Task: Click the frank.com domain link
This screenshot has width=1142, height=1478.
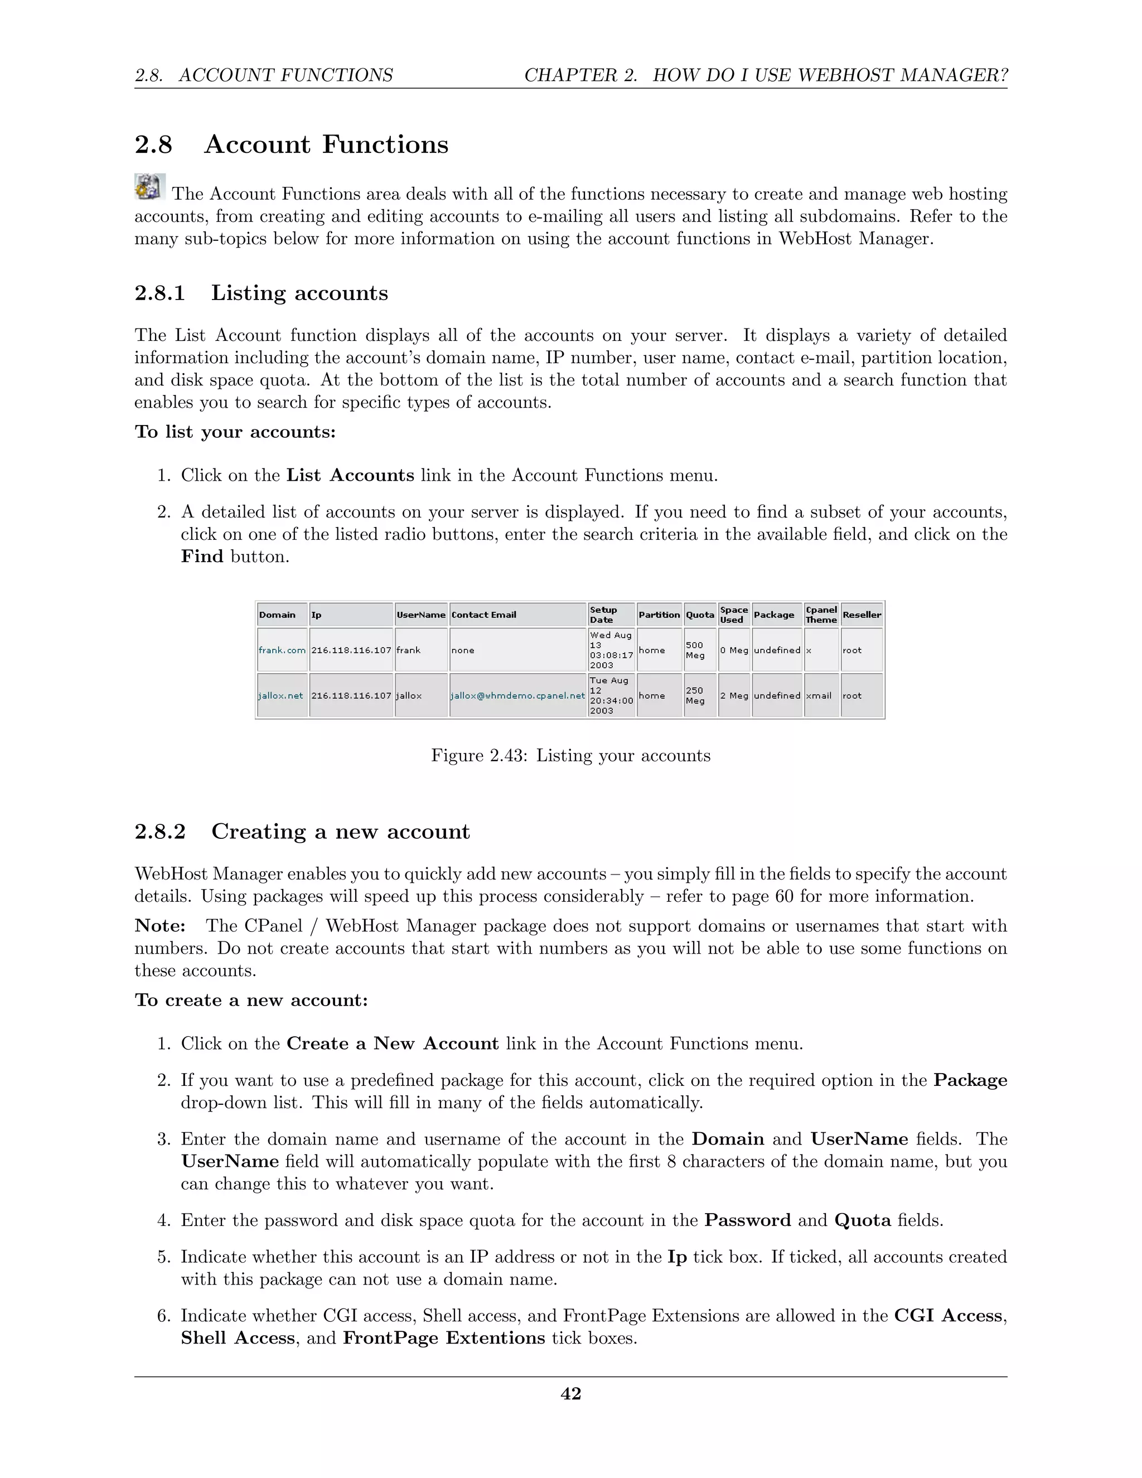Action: click(282, 650)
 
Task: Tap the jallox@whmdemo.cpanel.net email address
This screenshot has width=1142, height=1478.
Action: click(517, 695)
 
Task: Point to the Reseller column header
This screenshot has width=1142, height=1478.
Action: click(861, 615)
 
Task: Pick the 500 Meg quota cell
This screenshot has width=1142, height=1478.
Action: click(695, 650)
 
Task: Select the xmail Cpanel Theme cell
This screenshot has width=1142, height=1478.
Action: click(819, 695)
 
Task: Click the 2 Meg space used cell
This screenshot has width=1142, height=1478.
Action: click(734, 695)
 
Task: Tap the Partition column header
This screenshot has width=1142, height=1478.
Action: click(659, 615)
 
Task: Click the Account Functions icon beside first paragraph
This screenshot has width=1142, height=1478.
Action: click(149, 187)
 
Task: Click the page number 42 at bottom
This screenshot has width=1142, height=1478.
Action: click(570, 1393)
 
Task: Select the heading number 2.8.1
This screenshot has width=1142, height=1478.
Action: click(159, 293)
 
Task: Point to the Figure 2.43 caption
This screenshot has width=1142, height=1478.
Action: click(570, 755)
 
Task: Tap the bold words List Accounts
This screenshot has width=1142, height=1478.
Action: click(350, 476)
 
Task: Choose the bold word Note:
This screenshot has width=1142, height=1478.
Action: click(159, 926)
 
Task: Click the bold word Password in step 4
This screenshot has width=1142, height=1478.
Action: click(747, 1220)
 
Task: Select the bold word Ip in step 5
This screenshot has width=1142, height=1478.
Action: click(677, 1257)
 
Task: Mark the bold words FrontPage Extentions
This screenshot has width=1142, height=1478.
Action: click(444, 1338)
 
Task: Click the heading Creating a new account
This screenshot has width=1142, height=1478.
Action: click(340, 832)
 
